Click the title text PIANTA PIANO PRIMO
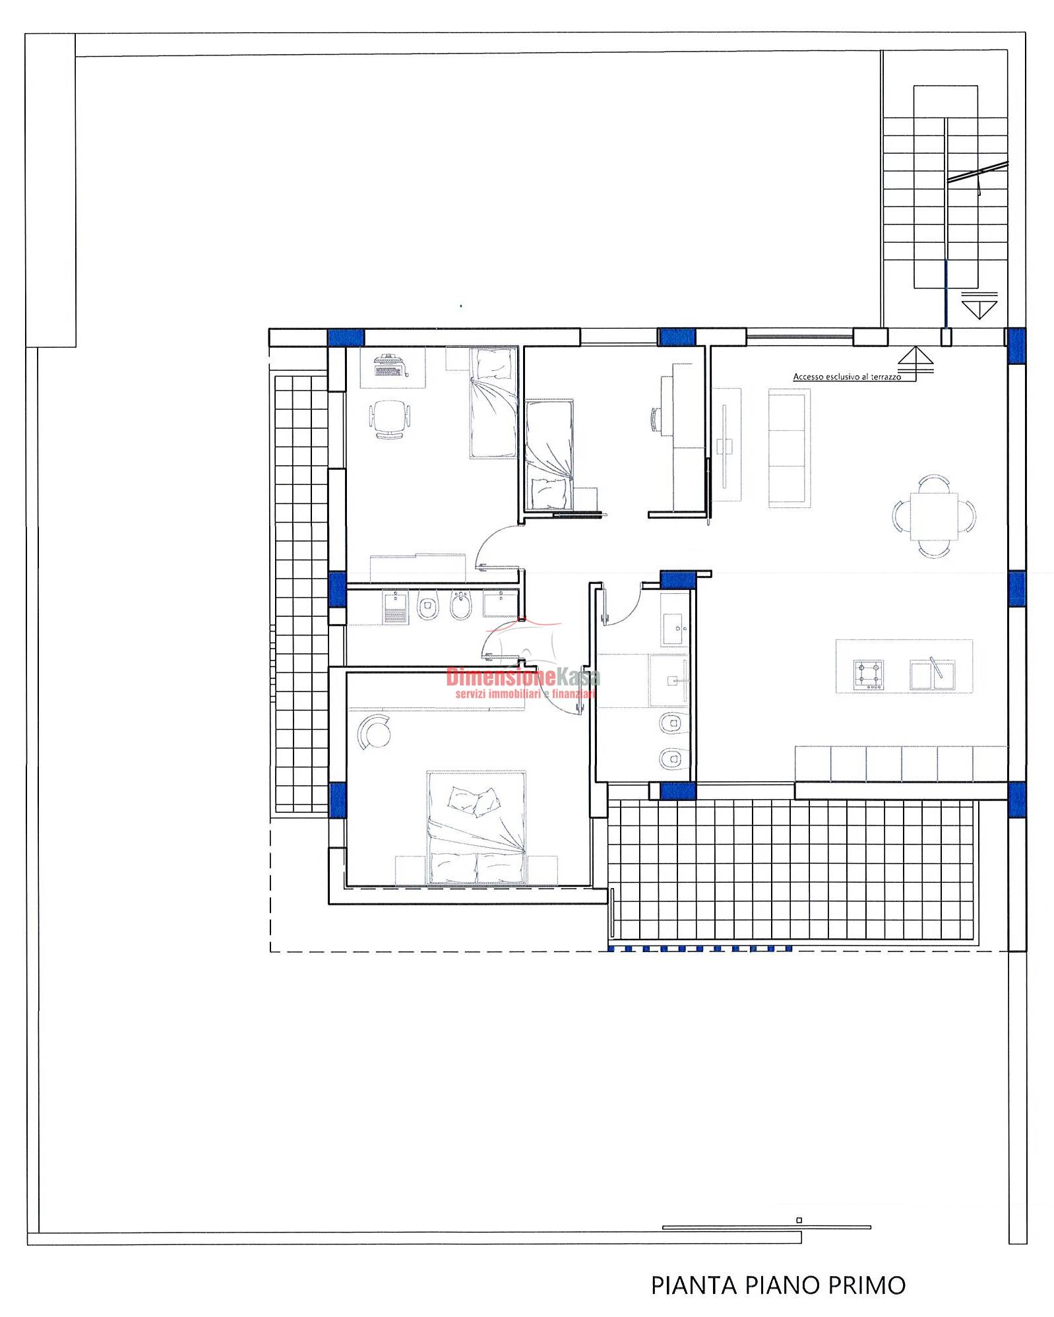(x=778, y=1285)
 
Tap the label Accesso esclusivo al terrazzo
(x=847, y=377)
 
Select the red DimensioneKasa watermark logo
(x=523, y=682)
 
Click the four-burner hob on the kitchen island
(x=869, y=675)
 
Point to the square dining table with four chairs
(x=933, y=516)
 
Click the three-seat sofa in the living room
(x=789, y=448)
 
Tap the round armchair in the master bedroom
(x=374, y=731)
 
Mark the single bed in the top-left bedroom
(x=493, y=403)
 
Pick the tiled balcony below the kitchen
(x=791, y=870)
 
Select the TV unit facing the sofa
(x=726, y=445)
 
